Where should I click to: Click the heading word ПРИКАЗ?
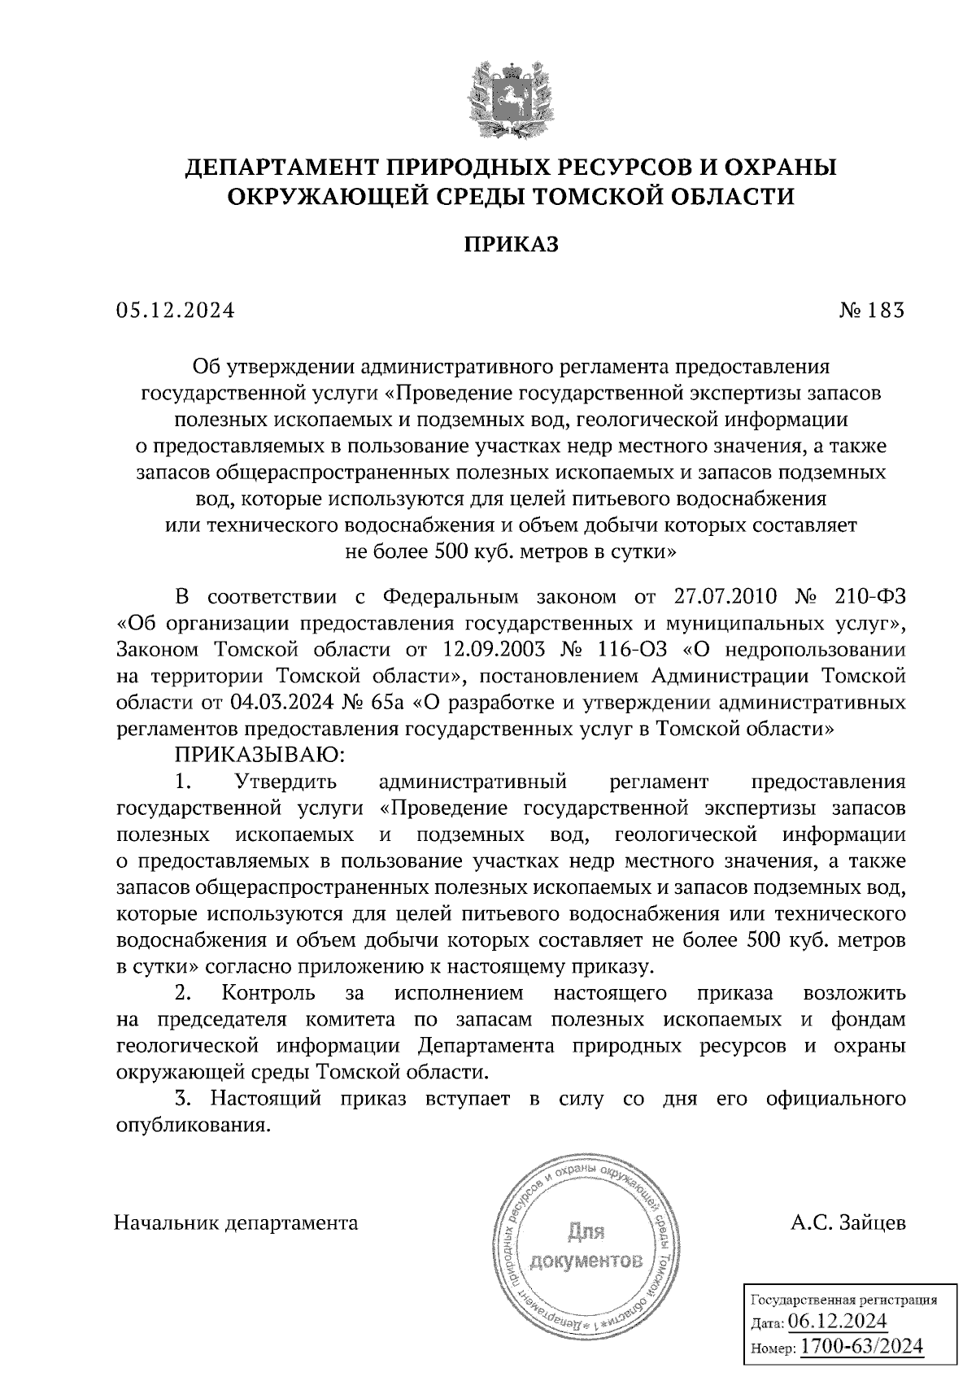[512, 244]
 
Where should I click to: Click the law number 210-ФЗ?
[869, 598]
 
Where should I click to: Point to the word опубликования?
[192, 1126]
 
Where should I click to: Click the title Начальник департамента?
[237, 1222]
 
